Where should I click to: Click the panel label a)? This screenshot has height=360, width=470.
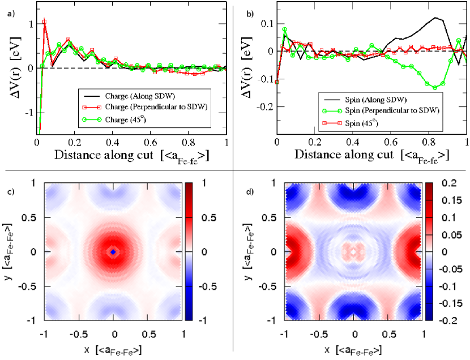coord(11,14)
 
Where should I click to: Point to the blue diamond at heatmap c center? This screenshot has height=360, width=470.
coord(113,251)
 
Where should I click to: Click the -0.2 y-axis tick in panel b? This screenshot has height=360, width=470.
coord(263,106)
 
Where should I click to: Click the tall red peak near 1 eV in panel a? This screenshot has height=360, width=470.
coord(44,22)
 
